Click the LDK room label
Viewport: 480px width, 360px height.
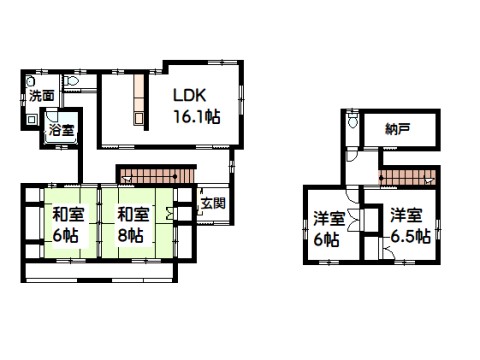(x=189, y=96)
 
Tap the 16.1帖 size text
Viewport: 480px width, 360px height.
(x=197, y=117)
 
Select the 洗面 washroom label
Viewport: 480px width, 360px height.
(x=42, y=96)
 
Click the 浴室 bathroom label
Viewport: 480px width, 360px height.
(x=61, y=130)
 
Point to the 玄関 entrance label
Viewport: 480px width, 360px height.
(x=213, y=203)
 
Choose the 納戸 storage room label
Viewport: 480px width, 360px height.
(x=398, y=129)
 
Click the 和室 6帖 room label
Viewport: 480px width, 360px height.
(x=68, y=225)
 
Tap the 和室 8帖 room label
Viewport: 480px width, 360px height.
(x=133, y=225)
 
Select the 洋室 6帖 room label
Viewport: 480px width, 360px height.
(x=329, y=229)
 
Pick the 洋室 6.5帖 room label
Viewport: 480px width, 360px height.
(x=409, y=226)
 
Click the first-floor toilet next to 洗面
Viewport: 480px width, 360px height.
(x=71, y=81)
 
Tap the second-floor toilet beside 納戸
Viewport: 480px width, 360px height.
(x=353, y=120)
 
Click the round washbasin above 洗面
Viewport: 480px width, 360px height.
(x=31, y=81)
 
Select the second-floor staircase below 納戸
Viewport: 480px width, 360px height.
(x=407, y=177)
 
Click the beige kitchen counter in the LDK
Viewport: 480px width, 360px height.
(x=139, y=100)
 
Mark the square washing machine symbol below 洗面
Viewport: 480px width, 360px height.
(x=31, y=119)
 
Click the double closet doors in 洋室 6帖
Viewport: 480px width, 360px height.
(x=353, y=220)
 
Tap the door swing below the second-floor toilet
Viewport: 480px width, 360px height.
(x=352, y=155)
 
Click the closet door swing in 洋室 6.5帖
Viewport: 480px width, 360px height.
(x=388, y=252)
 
